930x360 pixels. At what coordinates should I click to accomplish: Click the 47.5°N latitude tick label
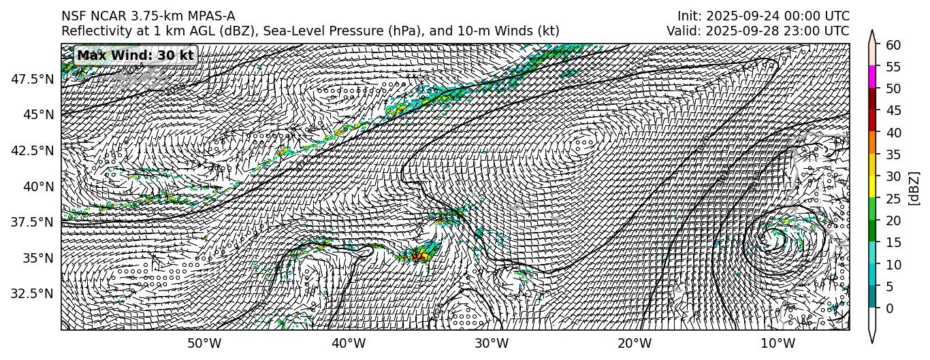(x=33, y=79)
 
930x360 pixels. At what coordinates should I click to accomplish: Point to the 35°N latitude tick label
(x=39, y=258)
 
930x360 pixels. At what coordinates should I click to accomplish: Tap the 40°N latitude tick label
(x=39, y=186)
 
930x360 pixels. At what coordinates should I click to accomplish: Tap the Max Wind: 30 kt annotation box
(x=135, y=56)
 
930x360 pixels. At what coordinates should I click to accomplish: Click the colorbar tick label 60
(x=894, y=45)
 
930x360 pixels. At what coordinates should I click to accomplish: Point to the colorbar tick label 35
(x=894, y=154)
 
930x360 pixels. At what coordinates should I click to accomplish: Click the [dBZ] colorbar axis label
(x=914, y=187)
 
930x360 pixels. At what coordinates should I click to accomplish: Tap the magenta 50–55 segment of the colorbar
(x=872, y=78)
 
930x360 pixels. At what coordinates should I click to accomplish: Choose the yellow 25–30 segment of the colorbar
(x=872, y=187)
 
